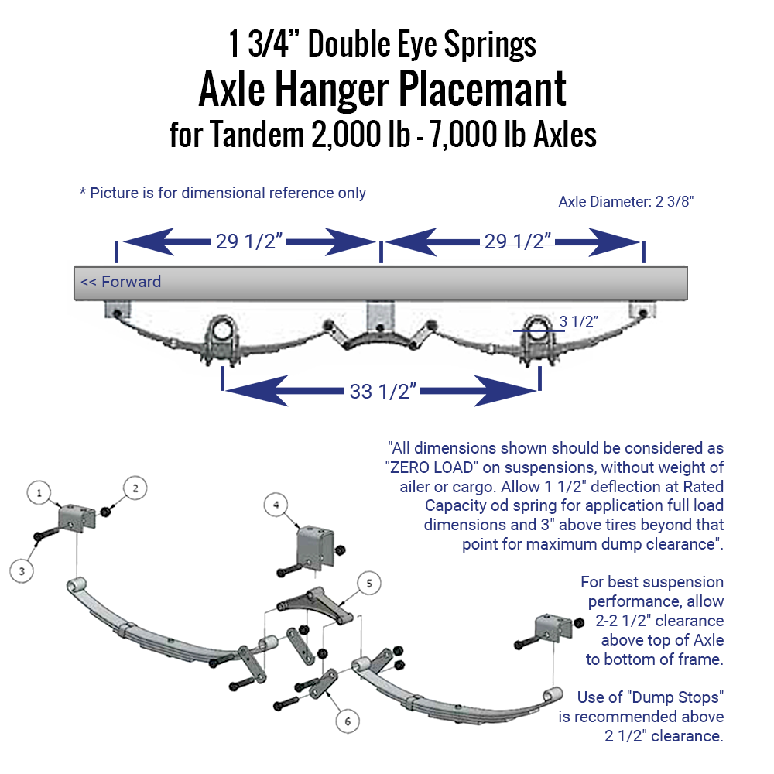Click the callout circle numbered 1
(39, 491)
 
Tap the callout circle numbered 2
(135, 488)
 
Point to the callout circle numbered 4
(276, 505)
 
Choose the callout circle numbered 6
(348, 721)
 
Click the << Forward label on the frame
(122, 282)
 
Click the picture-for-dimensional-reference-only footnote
(223, 193)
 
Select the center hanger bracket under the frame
(380, 317)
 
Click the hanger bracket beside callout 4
(313, 547)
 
